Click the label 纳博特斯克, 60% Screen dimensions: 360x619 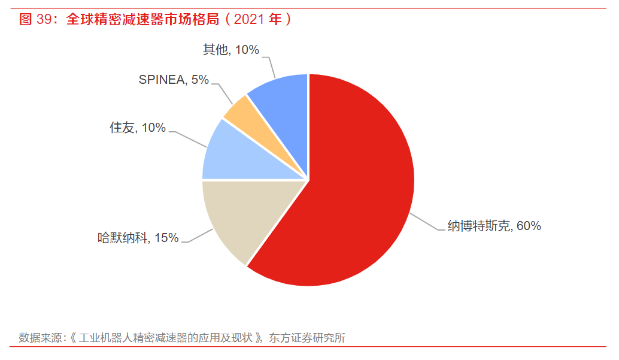494,226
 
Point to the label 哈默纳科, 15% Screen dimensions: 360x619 138,238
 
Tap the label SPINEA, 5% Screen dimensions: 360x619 174,80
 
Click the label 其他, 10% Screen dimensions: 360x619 230,50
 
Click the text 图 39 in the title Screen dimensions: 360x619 36,19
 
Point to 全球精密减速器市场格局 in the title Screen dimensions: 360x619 144,19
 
